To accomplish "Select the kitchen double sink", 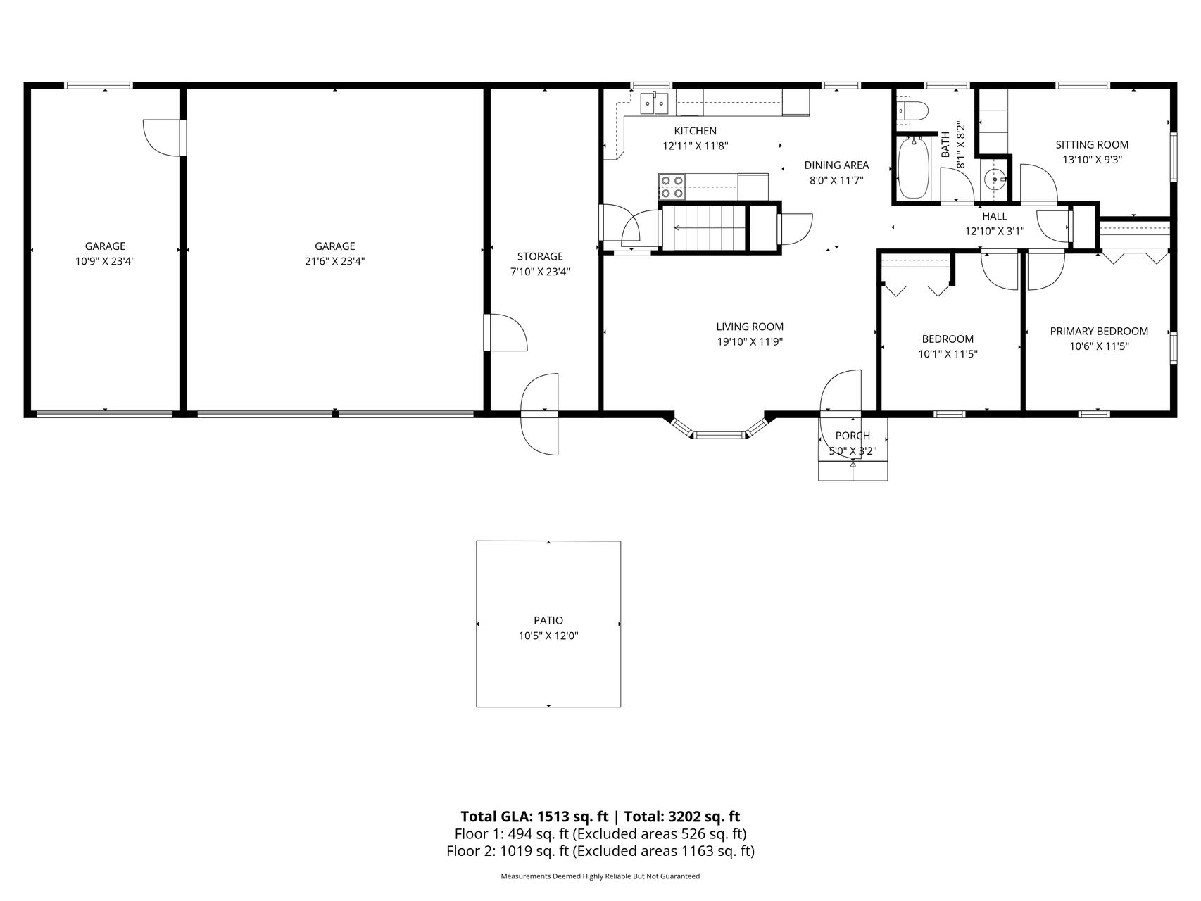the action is click(x=654, y=104).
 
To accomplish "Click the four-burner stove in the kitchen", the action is click(x=672, y=186).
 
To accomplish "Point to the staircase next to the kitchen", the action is click(x=703, y=227).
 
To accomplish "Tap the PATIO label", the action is click(x=548, y=620).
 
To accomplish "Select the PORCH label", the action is click(x=853, y=436).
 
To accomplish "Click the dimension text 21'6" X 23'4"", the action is click(x=335, y=261).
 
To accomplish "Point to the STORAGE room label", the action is click(x=540, y=256).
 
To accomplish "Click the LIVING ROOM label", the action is click(x=750, y=327).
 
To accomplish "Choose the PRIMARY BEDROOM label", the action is click(x=1099, y=331).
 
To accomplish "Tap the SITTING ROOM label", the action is click(x=1092, y=145).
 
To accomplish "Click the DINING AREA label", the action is click(x=836, y=165).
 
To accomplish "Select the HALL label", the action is click(x=995, y=216).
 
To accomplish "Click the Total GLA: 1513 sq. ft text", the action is click(x=534, y=817).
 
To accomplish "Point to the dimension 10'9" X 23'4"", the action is click(x=105, y=261).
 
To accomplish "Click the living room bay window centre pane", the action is click(x=719, y=436).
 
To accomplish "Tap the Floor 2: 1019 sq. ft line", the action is click(x=600, y=851).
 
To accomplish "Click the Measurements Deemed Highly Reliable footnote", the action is click(x=600, y=876).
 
